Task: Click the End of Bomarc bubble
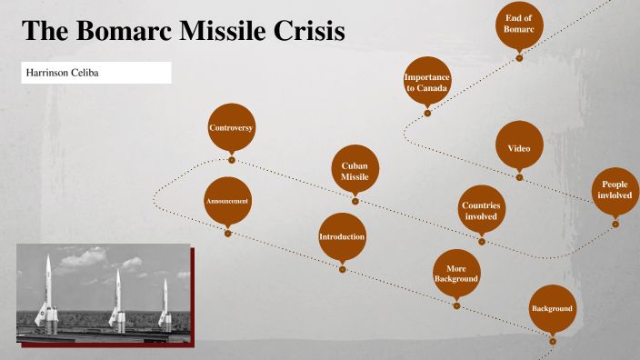tap(518, 25)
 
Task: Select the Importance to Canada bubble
tap(427, 83)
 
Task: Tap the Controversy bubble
tap(231, 128)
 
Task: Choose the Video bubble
tap(519, 147)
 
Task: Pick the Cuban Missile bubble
tap(355, 171)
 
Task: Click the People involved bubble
tap(615, 190)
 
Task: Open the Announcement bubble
tap(227, 201)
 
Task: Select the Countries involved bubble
tap(481, 211)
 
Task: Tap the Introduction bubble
tap(342, 237)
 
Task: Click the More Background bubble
tap(456, 274)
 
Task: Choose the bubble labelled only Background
tap(552, 309)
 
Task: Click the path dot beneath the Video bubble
tap(519, 177)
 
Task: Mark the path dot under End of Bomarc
tap(519, 57)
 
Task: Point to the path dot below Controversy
tap(232, 160)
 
